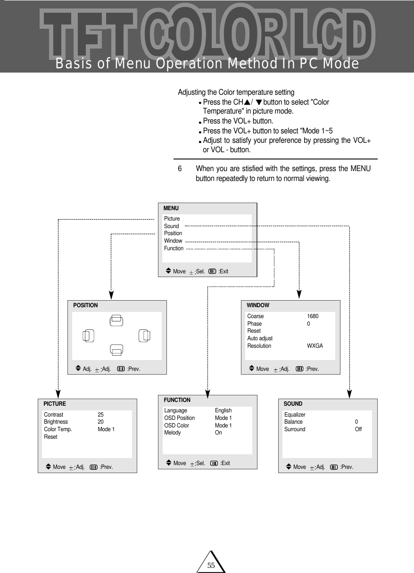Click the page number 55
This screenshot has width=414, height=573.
[x=211, y=565]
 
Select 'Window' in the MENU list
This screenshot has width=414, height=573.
[x=173, y=241]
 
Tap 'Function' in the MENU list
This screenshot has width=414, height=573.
[x=174, y=248]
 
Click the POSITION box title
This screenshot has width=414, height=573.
[x=85, y=305]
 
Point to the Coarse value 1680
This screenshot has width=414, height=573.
[x=313, y=316]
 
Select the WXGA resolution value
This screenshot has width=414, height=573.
[x=315, y=346]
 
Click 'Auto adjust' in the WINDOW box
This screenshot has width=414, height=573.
[x=260, y=338]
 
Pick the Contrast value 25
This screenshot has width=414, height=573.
[x=100, y=415]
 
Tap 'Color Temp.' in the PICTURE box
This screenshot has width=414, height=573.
[x=58, y=429]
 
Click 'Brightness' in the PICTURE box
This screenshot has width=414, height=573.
[x=56, y=422]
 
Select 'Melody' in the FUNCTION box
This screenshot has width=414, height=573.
[x=172, y=433]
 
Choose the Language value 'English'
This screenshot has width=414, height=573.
[x=223, y=410]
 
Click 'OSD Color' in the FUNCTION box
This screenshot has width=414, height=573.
[x=176, y=426]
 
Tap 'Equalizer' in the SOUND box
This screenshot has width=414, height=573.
[x=295, y=415]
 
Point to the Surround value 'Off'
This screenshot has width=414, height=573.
[x=358, y=429]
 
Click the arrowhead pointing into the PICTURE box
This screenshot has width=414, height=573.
[x=58, y=394]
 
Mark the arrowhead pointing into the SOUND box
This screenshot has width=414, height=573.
[x=349, y=394]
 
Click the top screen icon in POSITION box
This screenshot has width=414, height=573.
[x=116, y=320]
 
